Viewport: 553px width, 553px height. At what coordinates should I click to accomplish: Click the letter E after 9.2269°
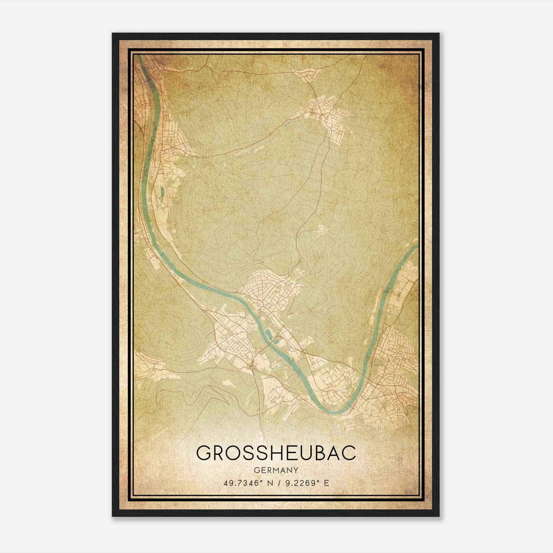[326, 483]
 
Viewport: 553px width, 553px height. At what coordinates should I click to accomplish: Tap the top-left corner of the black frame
[113, 34]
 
